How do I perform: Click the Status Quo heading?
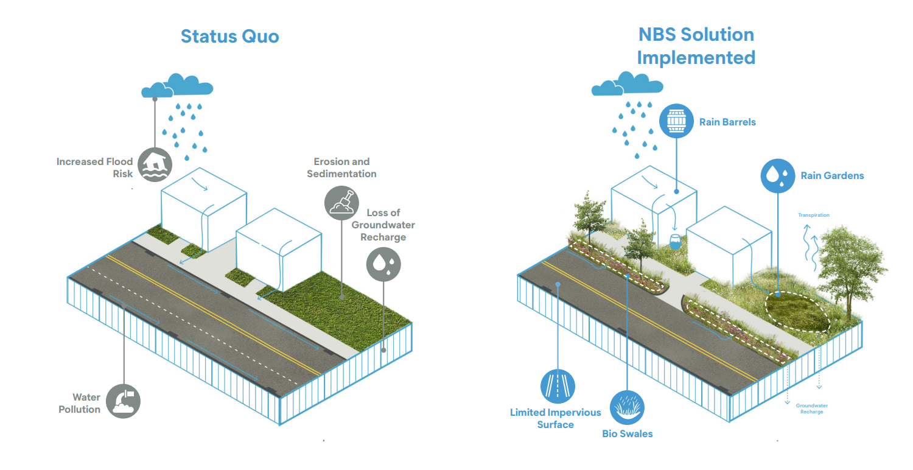point(229,36)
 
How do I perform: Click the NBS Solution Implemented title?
point(696,46)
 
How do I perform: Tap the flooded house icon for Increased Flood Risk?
point(155,164)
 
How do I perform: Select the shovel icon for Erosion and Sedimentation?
point(342,203)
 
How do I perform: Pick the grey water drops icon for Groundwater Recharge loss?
point(383,264)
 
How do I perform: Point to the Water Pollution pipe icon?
point(123,401)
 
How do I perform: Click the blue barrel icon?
point(677,121)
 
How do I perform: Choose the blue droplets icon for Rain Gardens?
point(778,176)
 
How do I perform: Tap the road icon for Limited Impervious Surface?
point(558,386)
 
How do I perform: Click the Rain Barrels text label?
point(727,122)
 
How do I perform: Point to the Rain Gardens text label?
point(832,176)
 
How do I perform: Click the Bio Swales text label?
point(627,434)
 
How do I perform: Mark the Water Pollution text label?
point(79,404)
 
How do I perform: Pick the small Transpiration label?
point(814,216)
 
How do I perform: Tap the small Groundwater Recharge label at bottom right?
point(812,409)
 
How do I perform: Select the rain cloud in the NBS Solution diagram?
point(626,83)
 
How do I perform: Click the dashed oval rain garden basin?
point(797,310)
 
